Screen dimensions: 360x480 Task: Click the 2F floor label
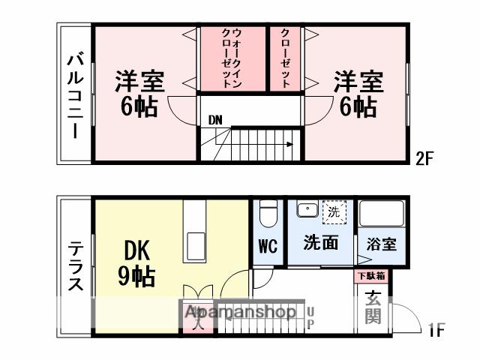[x=425, y=158]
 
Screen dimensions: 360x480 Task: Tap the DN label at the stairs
[x=215, y=119]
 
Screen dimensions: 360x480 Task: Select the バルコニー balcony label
[x=75, y=95]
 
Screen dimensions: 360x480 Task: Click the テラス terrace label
[x=76, y=265]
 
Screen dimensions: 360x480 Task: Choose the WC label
[x=268, y=244]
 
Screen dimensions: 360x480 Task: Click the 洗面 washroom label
[x=320, y=243]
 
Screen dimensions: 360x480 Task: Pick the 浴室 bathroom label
[x=382, y=244]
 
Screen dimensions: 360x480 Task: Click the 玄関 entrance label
[x=373, y=307]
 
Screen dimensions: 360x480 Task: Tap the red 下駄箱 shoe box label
[x=371, y=276]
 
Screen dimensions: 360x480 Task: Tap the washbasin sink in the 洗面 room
[x=305, y=211]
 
